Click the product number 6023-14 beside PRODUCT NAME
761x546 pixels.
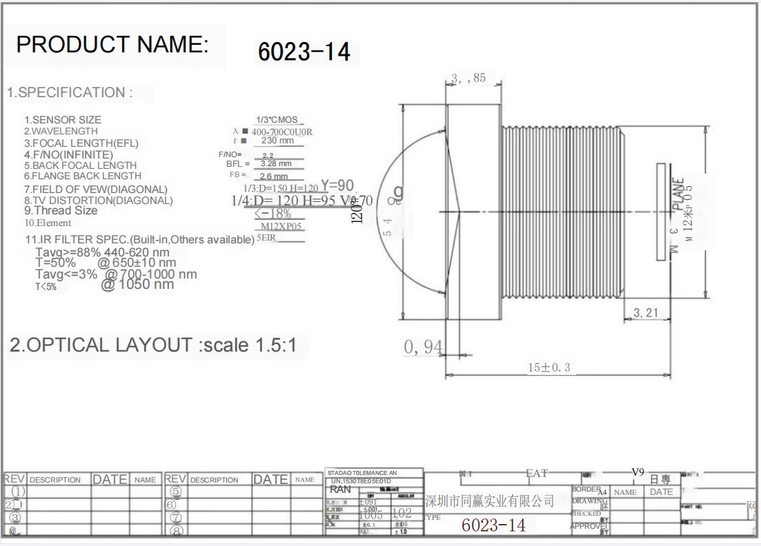pyautogui.click(x=304, y=52)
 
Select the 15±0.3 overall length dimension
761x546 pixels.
pyautogui.click(x=550, y=367)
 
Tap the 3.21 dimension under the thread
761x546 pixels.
pyautogui.click(x=646, y=313)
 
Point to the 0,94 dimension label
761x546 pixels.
pyautogui.click(x=423, y=347)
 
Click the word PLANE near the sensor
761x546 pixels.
pyautogui.click(x=679, y=194)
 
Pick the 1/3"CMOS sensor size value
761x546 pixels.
pyautogui.click(x=277, y=120)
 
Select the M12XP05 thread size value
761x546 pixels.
pyautogui.click(x=281, y=226)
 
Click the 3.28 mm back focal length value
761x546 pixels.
pyautogui.click(x=276, y=164)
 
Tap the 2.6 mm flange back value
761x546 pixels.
pyautogui.click(x=274, y=176)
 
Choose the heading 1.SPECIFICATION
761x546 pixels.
pyautogui.click(x=70, y=92)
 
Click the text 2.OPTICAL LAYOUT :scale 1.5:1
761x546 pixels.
pyautogui.click(x=153, y=345)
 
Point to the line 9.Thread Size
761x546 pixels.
pyautogui.click(x=61, y=211)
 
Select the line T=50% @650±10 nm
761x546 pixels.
pyautogui.click(x=106, y=263)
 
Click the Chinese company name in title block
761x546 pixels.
pyautogui.click(x=490, y=501)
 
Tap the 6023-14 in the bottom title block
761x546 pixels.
pyautogui.click(x=493, y=525)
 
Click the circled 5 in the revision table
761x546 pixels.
pyautogui.click(x=176, y=492)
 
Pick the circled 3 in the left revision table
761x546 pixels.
pyautogui.click(x=15, y=518)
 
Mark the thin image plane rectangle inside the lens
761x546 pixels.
pyautogui.click(x=662, y=212)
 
